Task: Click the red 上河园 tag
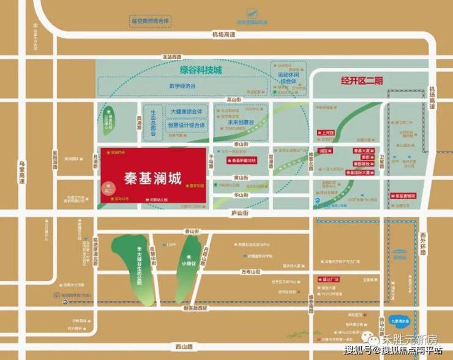click(326, 132)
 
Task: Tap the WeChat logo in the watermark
click(369, 337)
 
